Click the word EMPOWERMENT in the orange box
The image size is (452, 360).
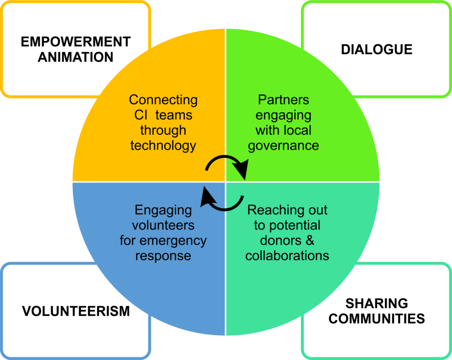click(x=76, y=42)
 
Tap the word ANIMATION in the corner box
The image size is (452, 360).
click(x=75, y=57)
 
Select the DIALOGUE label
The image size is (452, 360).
click(x=377, y=49)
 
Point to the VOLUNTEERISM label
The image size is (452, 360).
click(x=76, y=311)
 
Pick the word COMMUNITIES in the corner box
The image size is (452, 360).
click(x=377, y=319)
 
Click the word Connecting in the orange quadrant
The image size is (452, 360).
click(x=163, y=100)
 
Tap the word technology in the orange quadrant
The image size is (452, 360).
click(x=163, y=146)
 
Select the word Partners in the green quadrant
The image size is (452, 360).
click(x=283, y=100)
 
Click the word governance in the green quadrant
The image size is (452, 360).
click(x=283, y=146)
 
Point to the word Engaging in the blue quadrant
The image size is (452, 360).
click(x=163, y=210)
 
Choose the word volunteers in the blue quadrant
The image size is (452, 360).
click(x=163, y=225)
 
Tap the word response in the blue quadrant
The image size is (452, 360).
click(x=163, y=256)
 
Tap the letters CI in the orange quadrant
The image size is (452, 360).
click(x=140, y=115)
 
